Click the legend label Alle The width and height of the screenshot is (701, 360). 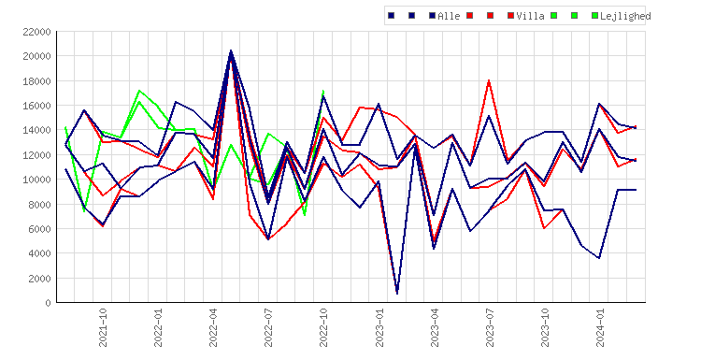point(449,16)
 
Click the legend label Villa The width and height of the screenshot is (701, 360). point(530,16)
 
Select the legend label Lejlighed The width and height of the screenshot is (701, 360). point(625,16)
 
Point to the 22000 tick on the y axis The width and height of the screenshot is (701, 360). point(36,32)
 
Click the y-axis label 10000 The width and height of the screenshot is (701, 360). point(36,180)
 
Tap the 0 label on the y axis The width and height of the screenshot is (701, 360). point(48,303)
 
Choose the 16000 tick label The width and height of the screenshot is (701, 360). point(36,106)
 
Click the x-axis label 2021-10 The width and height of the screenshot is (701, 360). point(103,327)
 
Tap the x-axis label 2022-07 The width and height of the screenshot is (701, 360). point(268,327)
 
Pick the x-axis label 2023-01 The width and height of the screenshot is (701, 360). point(379,327)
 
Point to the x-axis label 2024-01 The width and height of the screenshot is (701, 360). point(599,327)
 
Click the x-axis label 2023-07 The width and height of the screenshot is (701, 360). point(489,327)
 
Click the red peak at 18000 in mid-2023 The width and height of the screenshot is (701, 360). point(489,80)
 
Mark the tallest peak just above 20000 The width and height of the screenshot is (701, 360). point(231,50)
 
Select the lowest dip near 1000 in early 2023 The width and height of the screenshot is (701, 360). point(397,294)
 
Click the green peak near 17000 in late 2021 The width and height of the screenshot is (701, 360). point(139,91)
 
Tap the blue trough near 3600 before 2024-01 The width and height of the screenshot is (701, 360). point(599,258)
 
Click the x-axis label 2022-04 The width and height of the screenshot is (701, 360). point(213,327)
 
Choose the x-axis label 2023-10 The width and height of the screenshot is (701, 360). point(545,327)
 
